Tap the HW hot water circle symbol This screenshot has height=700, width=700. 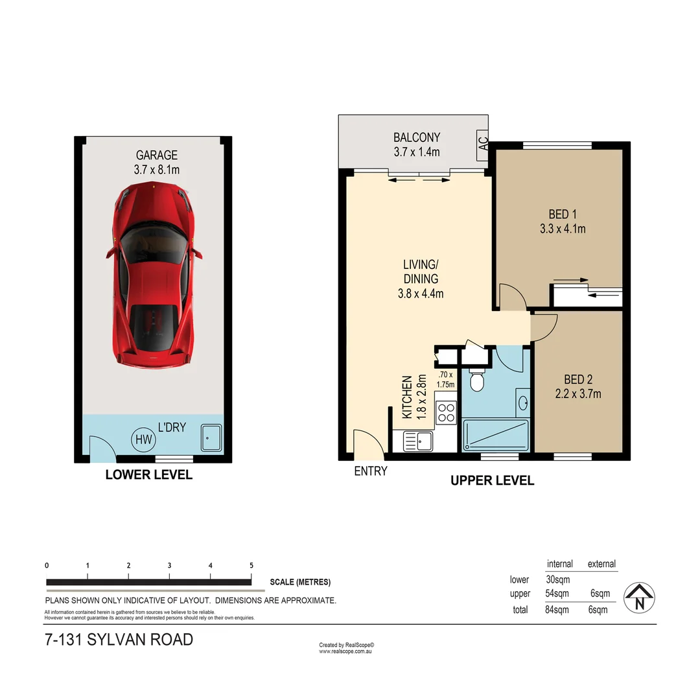(x=143, y=440)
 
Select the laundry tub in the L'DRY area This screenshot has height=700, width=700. (x=211, y=439)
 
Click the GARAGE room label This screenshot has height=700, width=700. (x=156, y=156)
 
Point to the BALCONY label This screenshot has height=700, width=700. (x=417, y=137)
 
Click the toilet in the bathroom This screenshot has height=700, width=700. (x=477, y=381)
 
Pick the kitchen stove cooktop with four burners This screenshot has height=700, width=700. (x=446, y=413)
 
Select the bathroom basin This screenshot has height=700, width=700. (x=522, y=402)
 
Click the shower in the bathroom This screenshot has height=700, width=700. (x=496, y=435)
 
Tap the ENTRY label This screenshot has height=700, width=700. (x=371, y=471)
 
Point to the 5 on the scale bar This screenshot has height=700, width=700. (x=251, y=566)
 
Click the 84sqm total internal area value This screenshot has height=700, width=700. (x=557, y=610)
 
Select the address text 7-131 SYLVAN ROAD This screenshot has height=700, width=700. (x=119, y=640)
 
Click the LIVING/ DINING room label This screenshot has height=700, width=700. (x=421, y=272)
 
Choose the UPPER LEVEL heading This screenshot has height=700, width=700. (x=492, y=480)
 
